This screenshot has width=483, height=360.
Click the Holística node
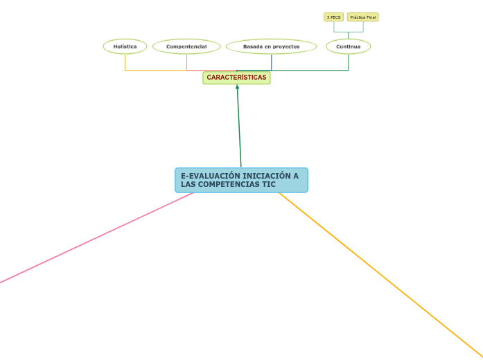(125, 46)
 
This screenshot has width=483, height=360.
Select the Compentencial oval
(186, 46)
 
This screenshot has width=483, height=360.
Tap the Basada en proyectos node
(271, 46)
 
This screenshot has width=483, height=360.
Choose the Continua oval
(348, 46)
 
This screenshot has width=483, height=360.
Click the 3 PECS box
(333, 17)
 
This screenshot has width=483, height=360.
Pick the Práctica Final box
(363, 17)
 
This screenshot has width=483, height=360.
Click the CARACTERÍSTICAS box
(236, 78)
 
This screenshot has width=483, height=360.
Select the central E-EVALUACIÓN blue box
(241, 180)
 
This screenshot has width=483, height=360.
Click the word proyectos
(286, 46)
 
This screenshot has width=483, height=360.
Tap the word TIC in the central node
(268, 185)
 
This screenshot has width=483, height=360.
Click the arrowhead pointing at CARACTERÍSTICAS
(237, 87)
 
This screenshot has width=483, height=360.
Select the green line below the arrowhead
(239, 128)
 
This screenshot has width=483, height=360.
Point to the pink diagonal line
(97, 237)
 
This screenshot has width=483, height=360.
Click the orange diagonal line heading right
(381, 270)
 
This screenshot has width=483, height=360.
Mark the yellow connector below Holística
(125, 62)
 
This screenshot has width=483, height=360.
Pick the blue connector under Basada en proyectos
(272, 62)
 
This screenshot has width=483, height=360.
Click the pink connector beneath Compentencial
(187, 62)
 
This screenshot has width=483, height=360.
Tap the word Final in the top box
(371, 17)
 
